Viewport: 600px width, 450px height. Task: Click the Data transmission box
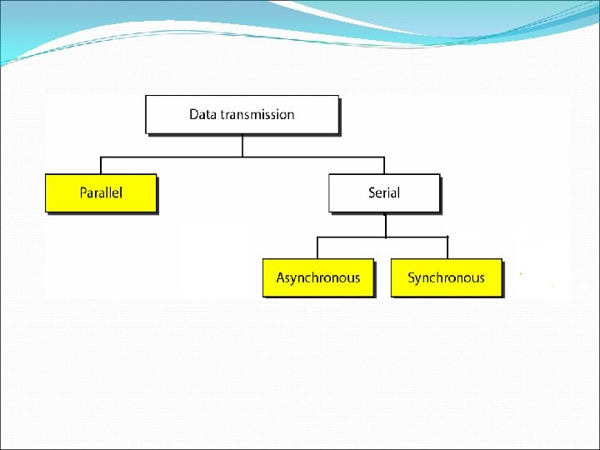[242, 114]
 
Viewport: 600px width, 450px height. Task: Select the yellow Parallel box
[101, 192]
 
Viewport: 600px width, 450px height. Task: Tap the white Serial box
[384, 192]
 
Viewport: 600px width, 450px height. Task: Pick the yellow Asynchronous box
[318, 277]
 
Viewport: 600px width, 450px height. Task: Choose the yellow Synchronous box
[446, 277]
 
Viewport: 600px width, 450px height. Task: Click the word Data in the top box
[202, 114]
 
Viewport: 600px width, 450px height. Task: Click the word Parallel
[101, 192]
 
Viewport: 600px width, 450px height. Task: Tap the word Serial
[384, 192]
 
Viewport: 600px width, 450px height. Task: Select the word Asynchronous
[318, 277]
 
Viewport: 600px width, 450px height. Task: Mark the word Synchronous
[446, 277]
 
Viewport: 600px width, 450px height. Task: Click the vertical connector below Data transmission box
[242, 145]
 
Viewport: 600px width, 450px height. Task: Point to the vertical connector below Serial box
[385, 225]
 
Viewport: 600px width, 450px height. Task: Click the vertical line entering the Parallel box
[101, 165]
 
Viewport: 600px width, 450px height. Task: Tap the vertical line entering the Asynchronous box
[317, 247]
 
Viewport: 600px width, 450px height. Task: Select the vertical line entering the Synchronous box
[447, 247]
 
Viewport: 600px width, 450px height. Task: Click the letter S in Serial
[372, 192]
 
